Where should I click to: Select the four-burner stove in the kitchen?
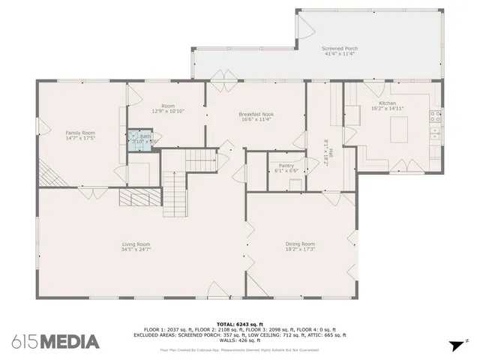[434, 116]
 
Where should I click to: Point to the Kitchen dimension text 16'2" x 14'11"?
[388, 109]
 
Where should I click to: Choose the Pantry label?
[286, 165]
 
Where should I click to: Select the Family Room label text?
[80, 133]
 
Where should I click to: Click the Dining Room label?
[299, 244]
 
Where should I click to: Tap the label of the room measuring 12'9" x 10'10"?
[168, 106]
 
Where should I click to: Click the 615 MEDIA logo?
[55, 342]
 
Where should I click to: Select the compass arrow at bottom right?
[454, 346]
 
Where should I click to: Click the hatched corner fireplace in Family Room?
[49, 175]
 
